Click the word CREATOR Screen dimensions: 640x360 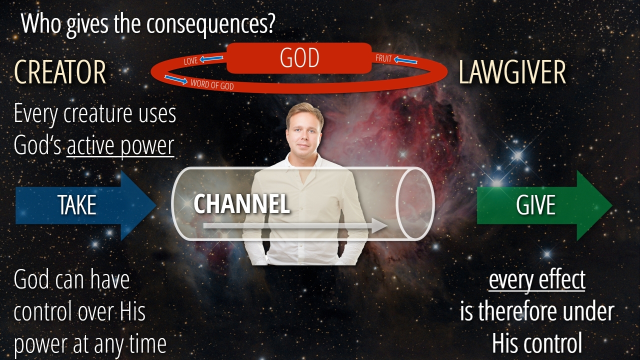click(x=60, y=72)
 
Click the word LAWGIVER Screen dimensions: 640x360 click(x=512, y=72)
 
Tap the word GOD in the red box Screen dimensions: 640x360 click(x=299, y=57)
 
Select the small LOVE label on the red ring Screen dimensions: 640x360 click(x=190, y=60)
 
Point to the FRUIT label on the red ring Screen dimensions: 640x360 click(x=383, y=58)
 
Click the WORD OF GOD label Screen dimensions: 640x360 click(x=212, y=84)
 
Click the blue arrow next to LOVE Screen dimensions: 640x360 click(x=211, y=59)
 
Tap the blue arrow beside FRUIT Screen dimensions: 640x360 click(x=405, y=60)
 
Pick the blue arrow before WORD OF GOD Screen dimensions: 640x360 click(x=176, y=79)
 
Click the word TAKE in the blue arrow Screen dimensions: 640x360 click(x=77, y=205)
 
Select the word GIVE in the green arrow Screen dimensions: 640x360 click(x=535, y=205)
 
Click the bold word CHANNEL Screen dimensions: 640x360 click(x=241, y=203)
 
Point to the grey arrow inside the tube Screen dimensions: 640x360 click(x=295, y=226)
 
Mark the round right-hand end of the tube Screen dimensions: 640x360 click(x=415, y=203)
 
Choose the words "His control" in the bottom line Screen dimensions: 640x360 click(x=537, y=343)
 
